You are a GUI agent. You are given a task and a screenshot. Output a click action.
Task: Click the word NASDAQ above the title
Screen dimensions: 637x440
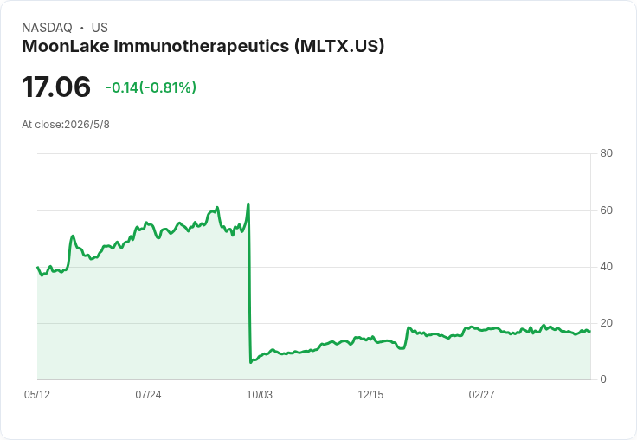pos(47,28)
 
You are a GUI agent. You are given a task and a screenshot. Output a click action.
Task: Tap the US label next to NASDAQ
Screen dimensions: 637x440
pos(100,28)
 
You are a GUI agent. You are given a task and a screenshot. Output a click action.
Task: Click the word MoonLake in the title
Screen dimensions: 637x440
pos(66,46)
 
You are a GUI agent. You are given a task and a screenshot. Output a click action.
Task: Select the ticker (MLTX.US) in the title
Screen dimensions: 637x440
pos(339,47)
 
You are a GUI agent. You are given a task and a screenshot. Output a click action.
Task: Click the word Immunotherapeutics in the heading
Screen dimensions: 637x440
pos(202,47)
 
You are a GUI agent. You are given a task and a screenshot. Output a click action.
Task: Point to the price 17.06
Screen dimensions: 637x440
pos(56,87)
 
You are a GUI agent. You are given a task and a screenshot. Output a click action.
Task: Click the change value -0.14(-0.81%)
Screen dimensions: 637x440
pos(151,87)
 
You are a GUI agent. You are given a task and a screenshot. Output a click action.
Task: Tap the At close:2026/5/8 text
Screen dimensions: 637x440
pos(66,125)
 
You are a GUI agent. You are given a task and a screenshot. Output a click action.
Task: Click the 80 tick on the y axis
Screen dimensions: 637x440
pos(606,153)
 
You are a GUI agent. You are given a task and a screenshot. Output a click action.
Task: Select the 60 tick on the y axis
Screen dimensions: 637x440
pos(606,210)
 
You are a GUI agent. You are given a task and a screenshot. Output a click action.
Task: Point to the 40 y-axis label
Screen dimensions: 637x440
pos(606,267)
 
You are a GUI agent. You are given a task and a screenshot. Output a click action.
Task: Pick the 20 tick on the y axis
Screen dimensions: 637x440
pos(606,323)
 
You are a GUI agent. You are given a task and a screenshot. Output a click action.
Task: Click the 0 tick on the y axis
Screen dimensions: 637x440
pos(603,379)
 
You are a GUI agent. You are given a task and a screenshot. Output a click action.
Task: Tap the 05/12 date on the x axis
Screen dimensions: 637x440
pos(37,395)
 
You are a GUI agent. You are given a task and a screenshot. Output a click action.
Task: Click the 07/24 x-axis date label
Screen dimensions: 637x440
pos(148,395)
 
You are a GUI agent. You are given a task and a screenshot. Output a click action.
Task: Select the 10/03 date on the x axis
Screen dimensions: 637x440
pos(259,395)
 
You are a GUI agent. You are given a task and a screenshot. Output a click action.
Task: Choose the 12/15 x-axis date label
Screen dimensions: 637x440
pos(370,395)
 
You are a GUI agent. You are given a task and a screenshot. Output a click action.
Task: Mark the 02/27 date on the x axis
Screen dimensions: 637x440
pos(481,395)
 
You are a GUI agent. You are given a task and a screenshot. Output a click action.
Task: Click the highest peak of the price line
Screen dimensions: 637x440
pos(248,204)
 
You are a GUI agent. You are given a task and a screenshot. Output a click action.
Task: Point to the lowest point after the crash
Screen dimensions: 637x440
pos(251,362)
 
